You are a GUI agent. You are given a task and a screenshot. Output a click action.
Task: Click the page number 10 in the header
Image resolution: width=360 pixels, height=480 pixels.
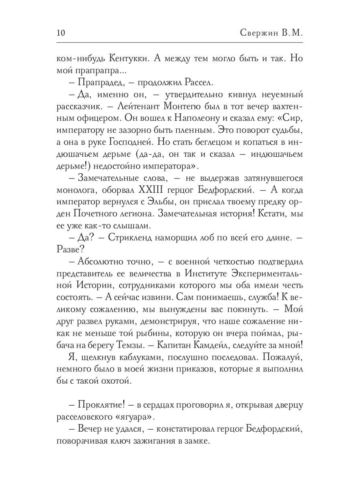pos(62,32)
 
